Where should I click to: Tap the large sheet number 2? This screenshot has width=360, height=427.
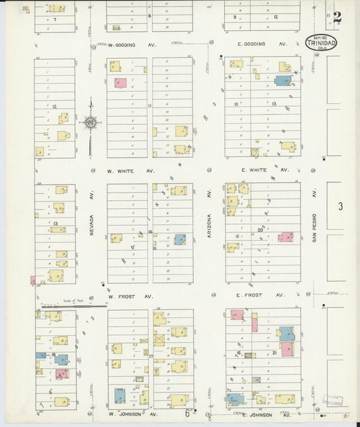coord(336,17)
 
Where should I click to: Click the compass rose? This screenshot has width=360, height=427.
coord(89,123)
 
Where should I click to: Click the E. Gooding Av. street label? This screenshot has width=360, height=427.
coord(262,44)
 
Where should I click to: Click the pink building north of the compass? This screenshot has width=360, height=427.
coord(120,83)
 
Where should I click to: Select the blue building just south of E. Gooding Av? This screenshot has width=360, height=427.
coord(282,80)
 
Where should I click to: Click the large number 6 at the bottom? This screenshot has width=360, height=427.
coord(187,413)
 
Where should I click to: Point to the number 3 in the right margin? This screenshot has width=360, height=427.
coord(341,206)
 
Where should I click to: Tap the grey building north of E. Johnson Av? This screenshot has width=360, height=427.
coord(256,380)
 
